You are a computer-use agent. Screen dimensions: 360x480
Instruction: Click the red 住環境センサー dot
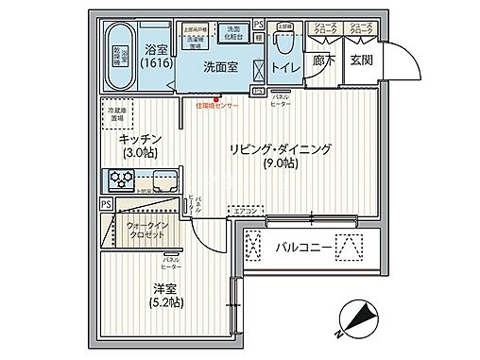coord(215,99)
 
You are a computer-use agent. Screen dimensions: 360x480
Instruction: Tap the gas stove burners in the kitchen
coord(120,176)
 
